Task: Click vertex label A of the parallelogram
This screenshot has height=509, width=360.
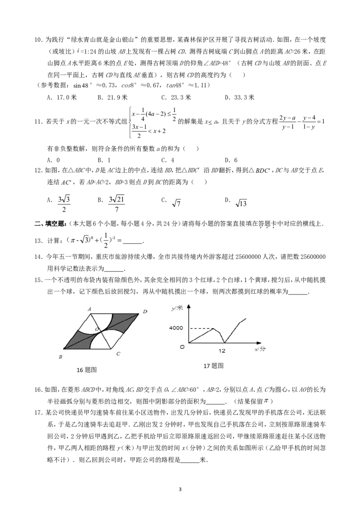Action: click(90, 309)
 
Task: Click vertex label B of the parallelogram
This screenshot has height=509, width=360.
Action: click(60, 357)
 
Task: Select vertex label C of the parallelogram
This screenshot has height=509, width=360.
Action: click(118, 354)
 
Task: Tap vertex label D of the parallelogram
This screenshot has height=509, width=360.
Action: click(145, 311)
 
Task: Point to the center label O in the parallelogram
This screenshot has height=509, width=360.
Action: click(96, 330)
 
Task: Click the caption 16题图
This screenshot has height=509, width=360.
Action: click(86, 370)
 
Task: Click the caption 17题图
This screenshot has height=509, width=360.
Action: click(214, 366)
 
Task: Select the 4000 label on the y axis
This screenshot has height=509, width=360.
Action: click(175, 328)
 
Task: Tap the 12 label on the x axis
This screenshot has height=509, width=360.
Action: click(222, 351)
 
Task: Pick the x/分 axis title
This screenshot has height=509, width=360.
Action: click(260, 349)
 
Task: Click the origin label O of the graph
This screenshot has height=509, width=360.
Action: click(182, 347)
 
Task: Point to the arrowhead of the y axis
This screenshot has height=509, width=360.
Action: click(189, 306)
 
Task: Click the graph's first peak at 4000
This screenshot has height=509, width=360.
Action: click(213, 329)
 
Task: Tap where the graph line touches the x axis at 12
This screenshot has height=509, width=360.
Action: click(225, 343)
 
